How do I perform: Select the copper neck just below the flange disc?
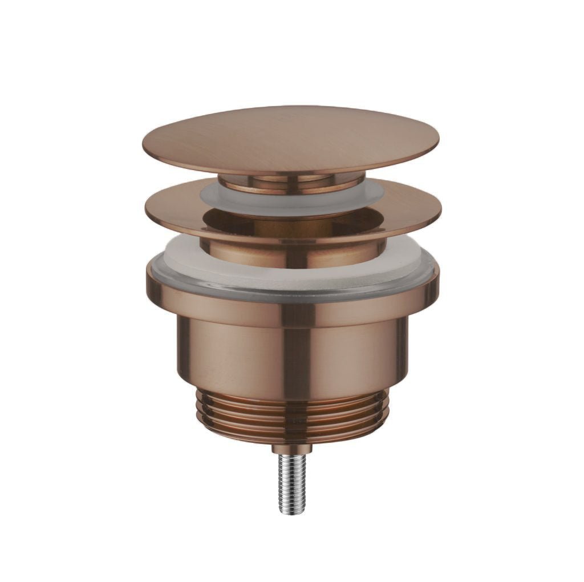pos(291,253)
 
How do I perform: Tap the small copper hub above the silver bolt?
pos(292,447)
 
